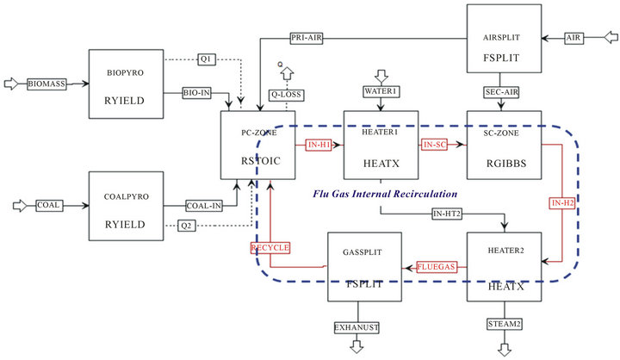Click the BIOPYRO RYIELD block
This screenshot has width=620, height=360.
click(x=126, y=84)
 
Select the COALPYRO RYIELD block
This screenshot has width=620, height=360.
click(x=126, y=208)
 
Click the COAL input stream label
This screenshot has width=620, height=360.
click(x=49, y=207)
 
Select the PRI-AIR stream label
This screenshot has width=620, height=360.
click(x=307, y=37)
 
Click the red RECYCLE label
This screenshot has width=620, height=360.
click(x=270, y=248)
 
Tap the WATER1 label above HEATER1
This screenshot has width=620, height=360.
click(x=380, y=93)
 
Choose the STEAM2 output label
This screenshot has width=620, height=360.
click(x=504, y=324)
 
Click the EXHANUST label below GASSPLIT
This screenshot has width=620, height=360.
click(x=356, y=327)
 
